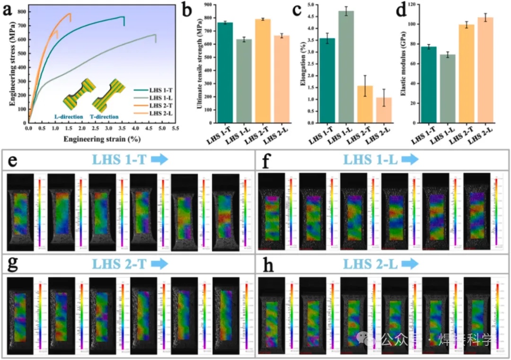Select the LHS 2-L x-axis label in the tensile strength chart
click(x=276, y=139)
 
